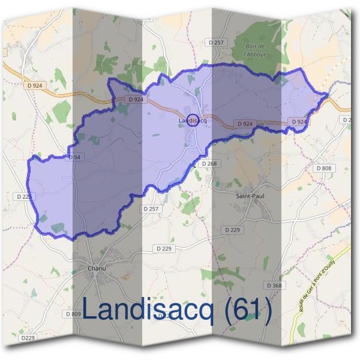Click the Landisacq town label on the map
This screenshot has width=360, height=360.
click(193, 121)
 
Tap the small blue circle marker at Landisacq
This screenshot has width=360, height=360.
click(192, 120)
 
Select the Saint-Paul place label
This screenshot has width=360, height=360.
click(250, 195)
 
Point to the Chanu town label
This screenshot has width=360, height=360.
click(97, 268)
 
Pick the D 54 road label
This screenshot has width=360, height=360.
click(74, 157)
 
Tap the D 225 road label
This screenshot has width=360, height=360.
click(25, 196)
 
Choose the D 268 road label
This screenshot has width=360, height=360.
click(208, 163)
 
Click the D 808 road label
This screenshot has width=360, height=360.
click(323, 169)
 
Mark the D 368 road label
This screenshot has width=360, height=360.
click(273, 285)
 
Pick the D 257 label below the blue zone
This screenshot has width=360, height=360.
click(151, 208)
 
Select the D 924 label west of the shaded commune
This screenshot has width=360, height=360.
click(35, 86)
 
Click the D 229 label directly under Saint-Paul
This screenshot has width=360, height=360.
click(232, 230)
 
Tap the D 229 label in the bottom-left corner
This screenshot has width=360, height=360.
click(28, 338)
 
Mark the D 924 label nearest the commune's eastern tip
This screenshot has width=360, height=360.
click(299, 122)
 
